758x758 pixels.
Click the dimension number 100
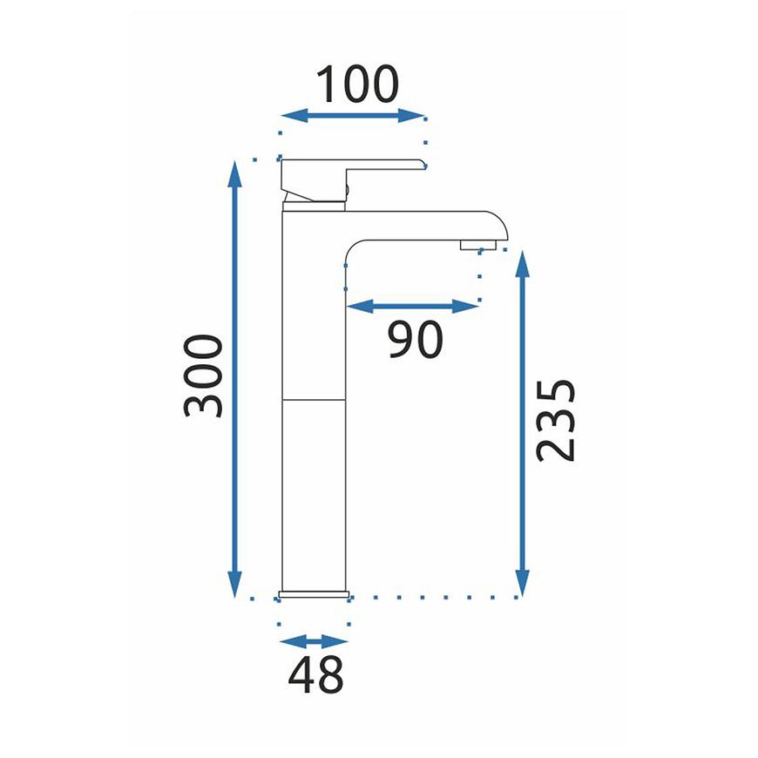pyautogui.click(x=357, y=85)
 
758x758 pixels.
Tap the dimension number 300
pyautogui.click(x=203, y=376)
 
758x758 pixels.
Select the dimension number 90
pyautogui.click(x=416, y=339)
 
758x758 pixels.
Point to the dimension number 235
pyautogui.click(x=556, y=421)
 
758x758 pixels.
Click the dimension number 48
pyautogui.click(x=315, y=674)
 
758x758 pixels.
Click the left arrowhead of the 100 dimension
pyautogui.click(x=294, y=116)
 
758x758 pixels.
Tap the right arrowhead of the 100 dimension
pyautogui.click(x=411, y=116)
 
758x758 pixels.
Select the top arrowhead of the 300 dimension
pyautogui.click(x=235, y=174)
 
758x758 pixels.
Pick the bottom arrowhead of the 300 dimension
pyautogui.click(x=235, y=584)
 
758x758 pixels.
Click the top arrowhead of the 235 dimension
pyautogui.click(x=522, y=264)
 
